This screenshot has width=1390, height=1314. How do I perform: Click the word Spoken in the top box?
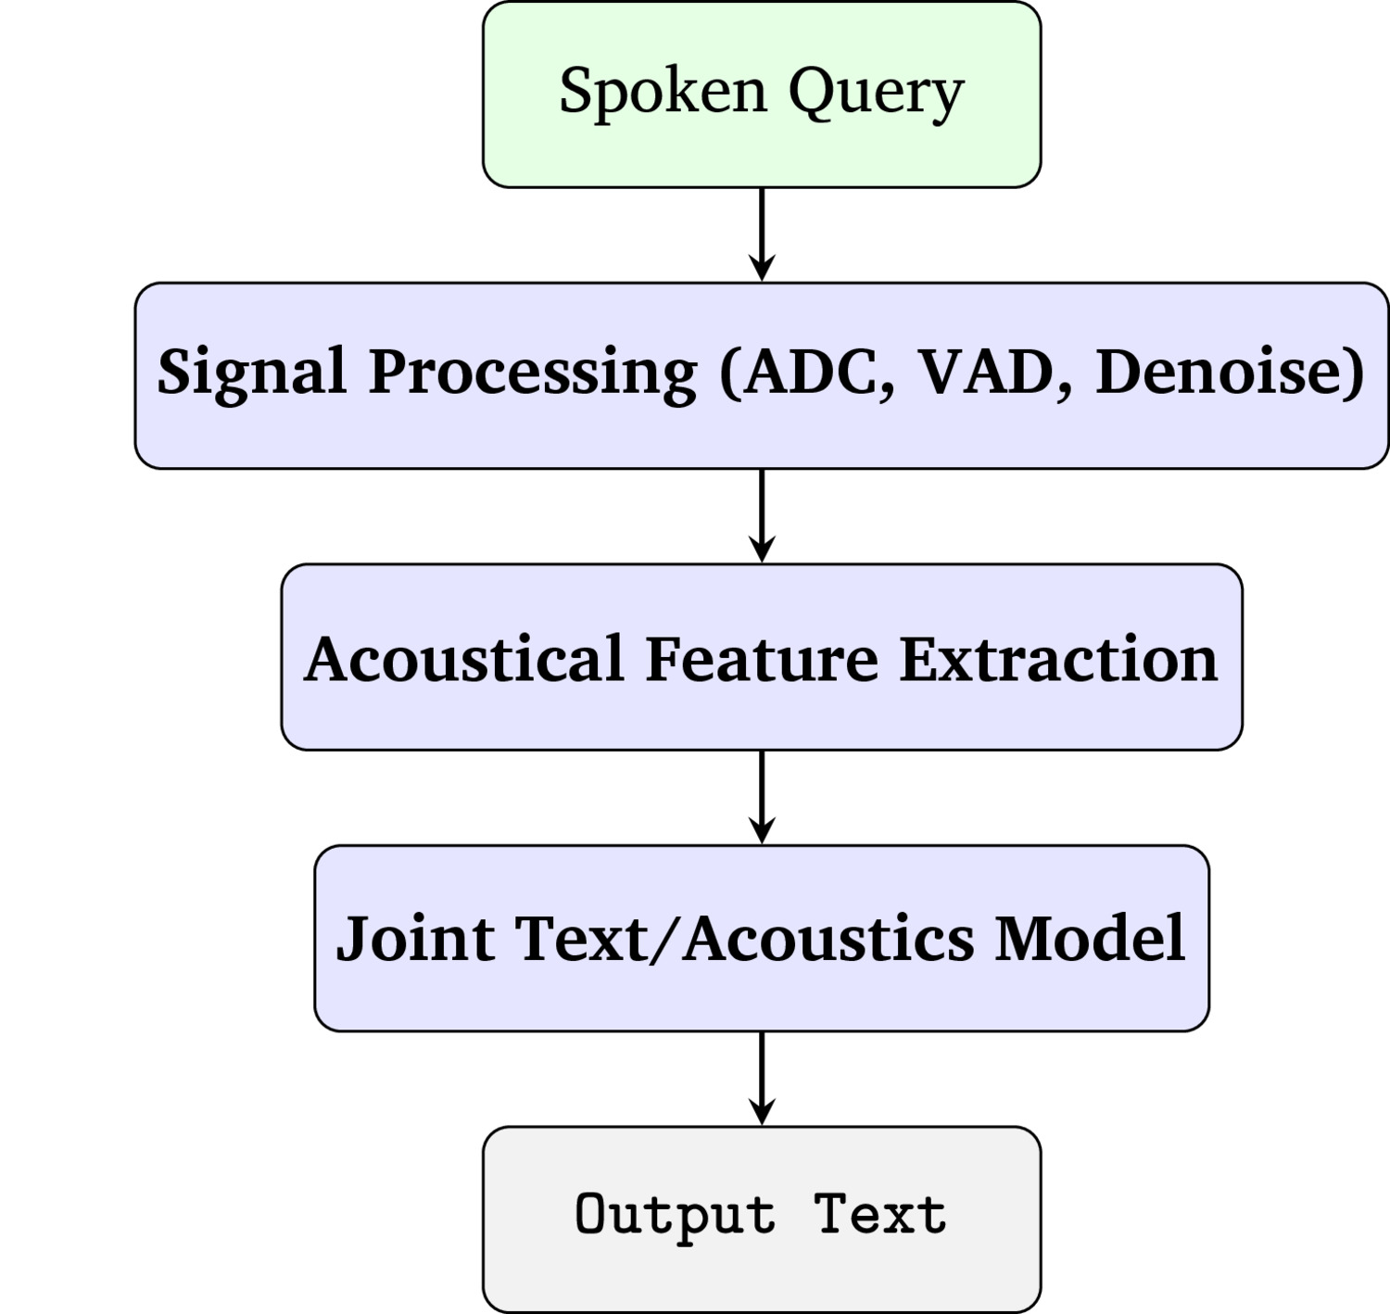click(x=663, y=91)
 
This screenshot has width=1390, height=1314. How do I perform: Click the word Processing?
click(x=534, y=374)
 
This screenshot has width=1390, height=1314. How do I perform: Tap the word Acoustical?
click(x=464, y=659)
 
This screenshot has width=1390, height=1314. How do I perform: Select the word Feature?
click(x=762, y=659)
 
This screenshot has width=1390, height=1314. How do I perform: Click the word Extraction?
click(x=1059, y=659)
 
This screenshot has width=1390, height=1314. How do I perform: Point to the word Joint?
click(x=416, y=939)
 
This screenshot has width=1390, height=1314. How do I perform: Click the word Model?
click(x=1091, y=938)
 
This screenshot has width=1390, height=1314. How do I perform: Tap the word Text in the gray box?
click(x=879, y=1214)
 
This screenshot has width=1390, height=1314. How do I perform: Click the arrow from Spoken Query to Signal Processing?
click(x=762, y=234)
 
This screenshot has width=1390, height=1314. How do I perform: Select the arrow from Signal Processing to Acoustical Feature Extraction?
click(x=762, y=515)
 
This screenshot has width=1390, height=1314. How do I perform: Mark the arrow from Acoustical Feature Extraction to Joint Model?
click(x=762, y=797)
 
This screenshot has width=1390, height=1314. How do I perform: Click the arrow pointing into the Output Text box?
click(x=762, y=1079)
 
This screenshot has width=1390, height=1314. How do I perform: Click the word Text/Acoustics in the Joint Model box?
click(x=744, y=939)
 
